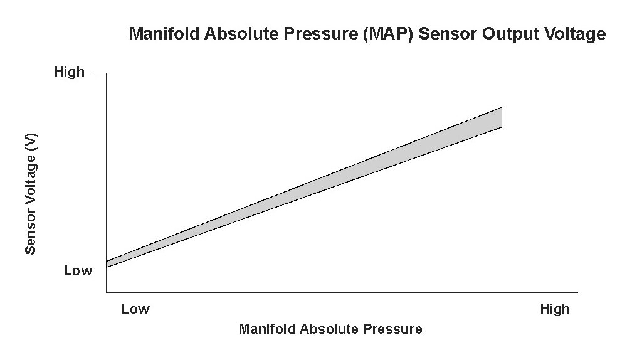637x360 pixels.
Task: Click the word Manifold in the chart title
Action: [x=164, y=33]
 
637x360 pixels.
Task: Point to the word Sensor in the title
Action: [x=448, y=33]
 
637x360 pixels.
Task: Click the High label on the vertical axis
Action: [x=70, y=72]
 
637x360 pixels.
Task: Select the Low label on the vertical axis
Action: [x=78, y=270]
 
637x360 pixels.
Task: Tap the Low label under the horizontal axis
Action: [x=135, y=309]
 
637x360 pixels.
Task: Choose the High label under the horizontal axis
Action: [x=555, y=309]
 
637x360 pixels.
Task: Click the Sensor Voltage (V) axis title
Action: [x=31, y=194]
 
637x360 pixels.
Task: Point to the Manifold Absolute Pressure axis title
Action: [x=330, y=329]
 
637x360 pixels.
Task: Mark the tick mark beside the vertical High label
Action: [x=101, y=73]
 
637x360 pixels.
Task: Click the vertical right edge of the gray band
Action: [x=502, y=117]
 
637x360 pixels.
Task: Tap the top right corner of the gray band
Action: [x=502, y=108]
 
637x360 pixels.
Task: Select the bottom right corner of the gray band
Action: [x=502, y=127]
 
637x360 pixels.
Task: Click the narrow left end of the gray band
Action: [x=107, y=265]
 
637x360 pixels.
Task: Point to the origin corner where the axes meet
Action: [x=107, y=292]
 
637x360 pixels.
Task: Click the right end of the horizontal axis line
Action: [x=577, y=292]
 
